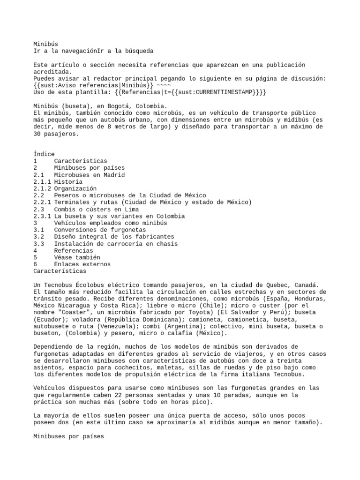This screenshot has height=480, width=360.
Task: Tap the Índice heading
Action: tap(44, 154)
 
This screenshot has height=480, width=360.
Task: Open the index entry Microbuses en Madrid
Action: tap(90, 174)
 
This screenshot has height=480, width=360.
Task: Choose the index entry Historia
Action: tap(68, 181)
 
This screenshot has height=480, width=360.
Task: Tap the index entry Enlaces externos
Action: tap(82, 264)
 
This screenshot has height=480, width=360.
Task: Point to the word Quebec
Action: tap(271, 285)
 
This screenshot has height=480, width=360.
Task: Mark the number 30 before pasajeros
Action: tap(37, 134)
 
